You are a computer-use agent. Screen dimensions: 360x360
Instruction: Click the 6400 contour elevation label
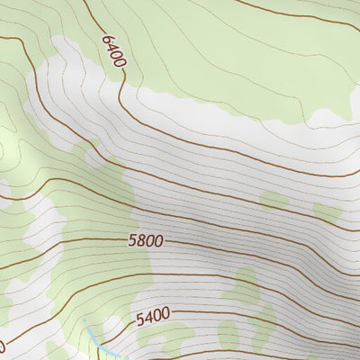[114, 52]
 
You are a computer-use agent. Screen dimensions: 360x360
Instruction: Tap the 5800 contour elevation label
[146, 242]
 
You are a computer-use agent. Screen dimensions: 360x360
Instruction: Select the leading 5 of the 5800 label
[131, 241]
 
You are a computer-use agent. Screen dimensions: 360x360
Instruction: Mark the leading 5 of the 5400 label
[139, 319]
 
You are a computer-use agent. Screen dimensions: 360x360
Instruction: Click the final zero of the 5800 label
[160, 243]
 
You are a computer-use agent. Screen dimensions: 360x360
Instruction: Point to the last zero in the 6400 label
[120, 64]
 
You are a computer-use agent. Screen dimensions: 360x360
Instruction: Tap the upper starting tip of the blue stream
[84, 319]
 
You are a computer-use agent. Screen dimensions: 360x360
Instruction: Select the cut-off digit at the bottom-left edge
[2, 346]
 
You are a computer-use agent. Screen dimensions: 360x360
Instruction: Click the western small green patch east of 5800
[274, 200]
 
